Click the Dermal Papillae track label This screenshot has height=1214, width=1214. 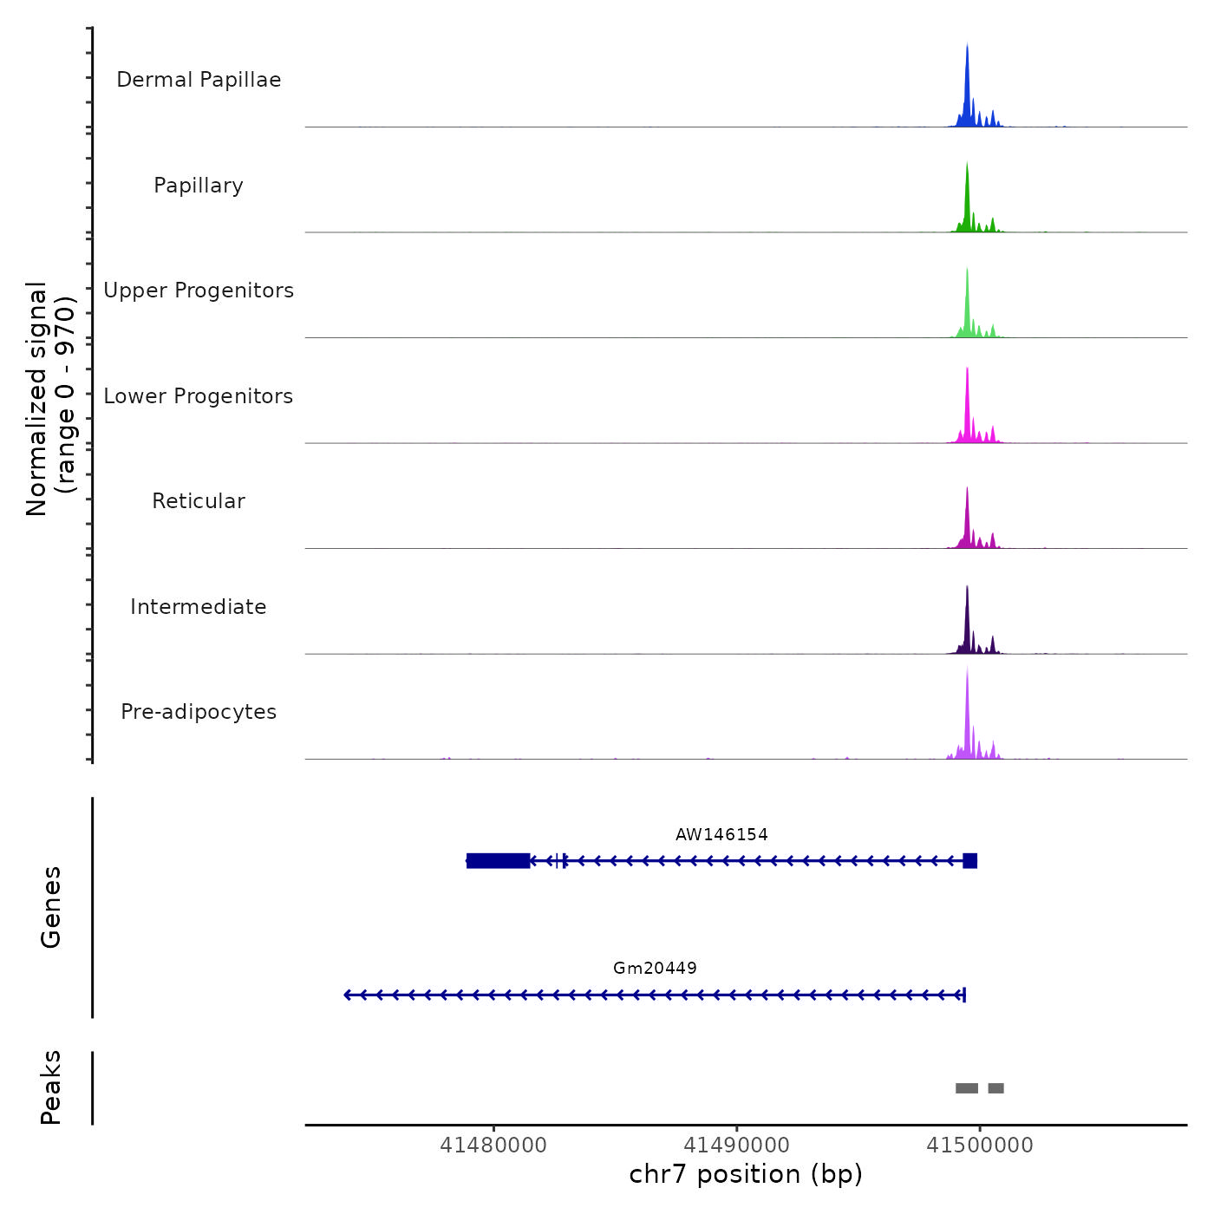coord(199,80)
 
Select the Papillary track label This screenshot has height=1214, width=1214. coord(199,186)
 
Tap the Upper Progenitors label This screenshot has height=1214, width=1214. coord(199,290)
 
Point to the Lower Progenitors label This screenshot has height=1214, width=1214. coord(199,396)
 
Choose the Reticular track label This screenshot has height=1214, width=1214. coord(199,501)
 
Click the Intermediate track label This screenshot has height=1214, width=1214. coord(199,607)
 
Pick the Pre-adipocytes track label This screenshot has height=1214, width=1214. coord(199,712)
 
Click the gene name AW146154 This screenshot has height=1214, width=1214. coord(721,835)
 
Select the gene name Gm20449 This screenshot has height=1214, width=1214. coord(655,969)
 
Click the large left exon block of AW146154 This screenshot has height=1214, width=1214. coord(498,860)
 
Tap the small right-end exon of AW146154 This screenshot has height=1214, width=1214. coord(969,860)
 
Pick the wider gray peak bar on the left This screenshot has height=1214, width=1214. coord(966,1088)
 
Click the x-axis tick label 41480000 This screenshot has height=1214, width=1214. coord(493,1145)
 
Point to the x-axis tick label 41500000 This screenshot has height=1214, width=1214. coord(980,1145)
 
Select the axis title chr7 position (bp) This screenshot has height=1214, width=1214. coord(746,1174)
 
